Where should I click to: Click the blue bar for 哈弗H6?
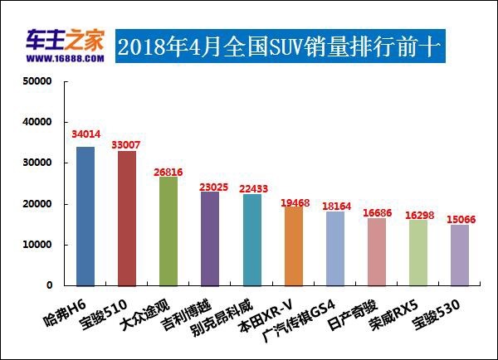point(85,216)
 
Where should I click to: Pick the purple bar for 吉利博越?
point(210,239)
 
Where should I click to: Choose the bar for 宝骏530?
point(460,255)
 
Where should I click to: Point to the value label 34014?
point(85,133)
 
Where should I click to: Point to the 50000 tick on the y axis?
point(37,82)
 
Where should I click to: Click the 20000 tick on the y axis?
point(37,204)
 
